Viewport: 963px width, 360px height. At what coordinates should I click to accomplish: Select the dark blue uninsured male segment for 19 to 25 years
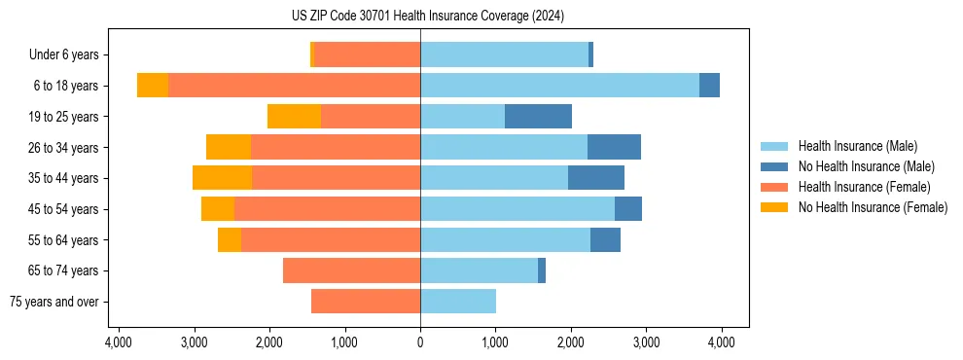click(x=538, y=117)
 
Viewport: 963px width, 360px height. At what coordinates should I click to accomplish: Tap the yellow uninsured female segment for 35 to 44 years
click(x=222, y=178)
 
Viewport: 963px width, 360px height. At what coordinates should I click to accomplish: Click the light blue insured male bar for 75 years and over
click(x=458, y=302)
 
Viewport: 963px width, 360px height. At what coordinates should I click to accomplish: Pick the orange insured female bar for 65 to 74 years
click(x=351, y=270)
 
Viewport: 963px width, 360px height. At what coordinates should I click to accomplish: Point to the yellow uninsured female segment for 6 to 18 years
click(x=153, y=86)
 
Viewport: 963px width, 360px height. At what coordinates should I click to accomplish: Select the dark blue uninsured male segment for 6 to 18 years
click(x=709, y=86)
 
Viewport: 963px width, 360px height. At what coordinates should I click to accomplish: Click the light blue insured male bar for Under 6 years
click(x=504, y=54)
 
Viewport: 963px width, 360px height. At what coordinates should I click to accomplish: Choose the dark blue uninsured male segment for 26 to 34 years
click(x=614, y=147)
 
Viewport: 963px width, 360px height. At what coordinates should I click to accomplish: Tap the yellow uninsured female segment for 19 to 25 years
click(x=294, y=117)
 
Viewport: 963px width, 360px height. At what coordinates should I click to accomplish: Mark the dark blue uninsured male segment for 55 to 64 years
click(x=605, y=239)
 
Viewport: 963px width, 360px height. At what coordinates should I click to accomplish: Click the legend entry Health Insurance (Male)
click(x=857, y=146)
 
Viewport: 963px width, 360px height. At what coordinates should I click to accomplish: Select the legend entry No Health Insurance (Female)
click(x=873, y=207)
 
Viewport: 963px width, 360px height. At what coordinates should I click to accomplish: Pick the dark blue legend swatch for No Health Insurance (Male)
click(x=774, y=166)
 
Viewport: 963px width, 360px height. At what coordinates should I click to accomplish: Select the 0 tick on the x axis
click(x=420, y=342)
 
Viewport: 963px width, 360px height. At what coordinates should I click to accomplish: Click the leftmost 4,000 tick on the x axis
click(x=119, y=342)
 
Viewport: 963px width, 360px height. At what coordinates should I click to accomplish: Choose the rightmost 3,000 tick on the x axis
click(x=646, y=342)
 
